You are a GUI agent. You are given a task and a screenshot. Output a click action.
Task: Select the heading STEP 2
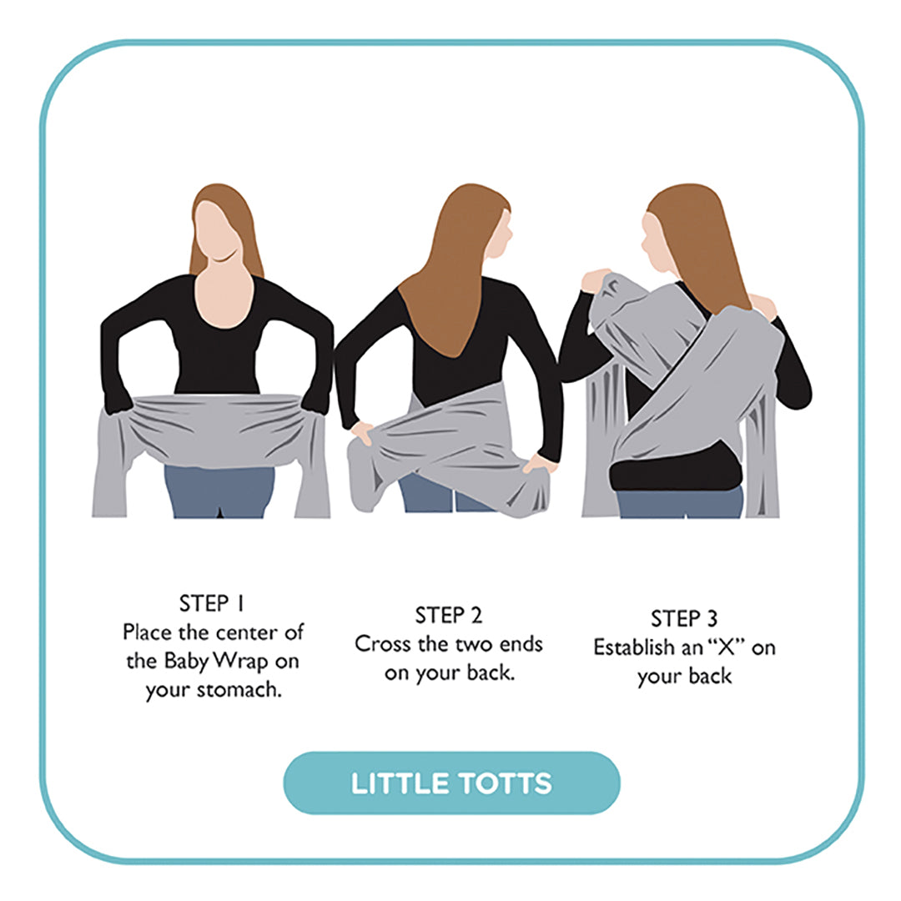tap(449, 617)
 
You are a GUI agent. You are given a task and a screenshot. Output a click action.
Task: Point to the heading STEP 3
tap(684, 619)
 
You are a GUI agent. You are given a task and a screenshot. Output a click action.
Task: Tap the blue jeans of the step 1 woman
tap(219, 491)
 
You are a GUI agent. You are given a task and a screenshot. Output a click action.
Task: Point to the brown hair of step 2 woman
tap(451, 275)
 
